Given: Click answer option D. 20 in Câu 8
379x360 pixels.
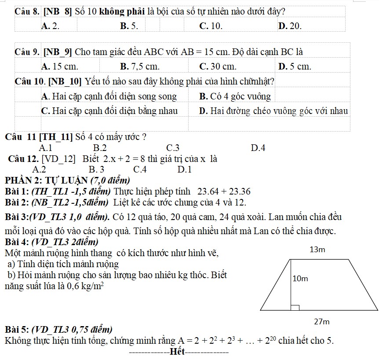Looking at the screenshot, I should pyautogui.click(x=291, y=26).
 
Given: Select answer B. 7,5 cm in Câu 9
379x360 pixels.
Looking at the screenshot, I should pyautogui.click(x=139, y=67).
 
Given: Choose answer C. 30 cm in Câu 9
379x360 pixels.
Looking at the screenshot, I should pyautogui.click(x=218, y=67).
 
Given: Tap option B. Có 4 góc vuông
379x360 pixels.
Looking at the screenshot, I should pyautogui.click(x=235, y=96).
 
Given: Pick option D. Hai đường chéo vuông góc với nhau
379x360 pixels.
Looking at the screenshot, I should pyautogui.click(x=273, y=111).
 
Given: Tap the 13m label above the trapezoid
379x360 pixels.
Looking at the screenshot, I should pyautogui.click(x=317, y=250).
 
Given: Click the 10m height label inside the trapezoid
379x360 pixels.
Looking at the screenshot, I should pyautogui.click(x=300, y=279).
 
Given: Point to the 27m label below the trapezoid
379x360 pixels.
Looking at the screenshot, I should pyautogui.click(x=322, y=322).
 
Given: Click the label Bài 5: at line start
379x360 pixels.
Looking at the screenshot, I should pyautogui.click(x=17, y=329).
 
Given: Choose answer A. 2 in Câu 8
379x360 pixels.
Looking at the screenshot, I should pyautogui.click(x=50, y=26).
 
